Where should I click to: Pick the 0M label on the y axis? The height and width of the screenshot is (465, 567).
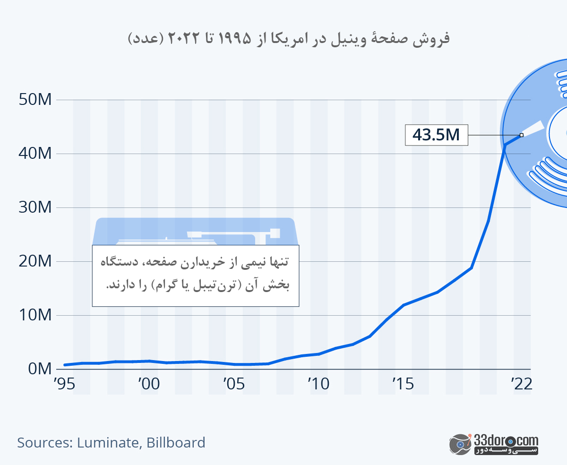pyautogui.click(x=39, y=369)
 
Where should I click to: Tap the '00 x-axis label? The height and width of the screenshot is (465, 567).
pyautogui.click(x=148, y=384)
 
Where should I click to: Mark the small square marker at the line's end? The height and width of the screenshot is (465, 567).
pyautogui.click(x=522, y=135)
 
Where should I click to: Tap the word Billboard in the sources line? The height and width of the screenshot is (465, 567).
pyautogui.click(x=176, y=443)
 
